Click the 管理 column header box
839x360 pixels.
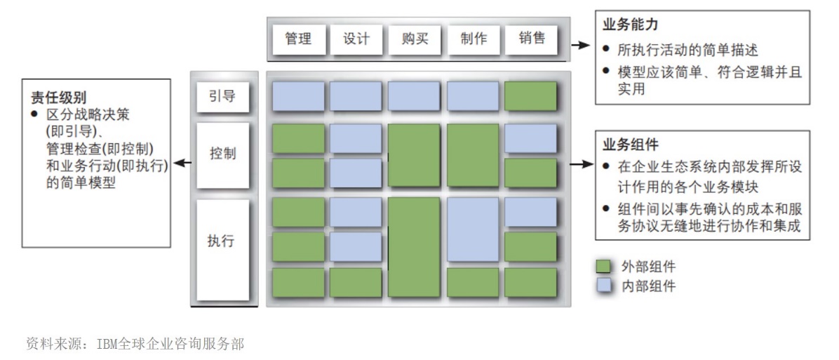298,39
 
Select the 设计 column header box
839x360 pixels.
356,39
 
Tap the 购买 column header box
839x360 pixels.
415,39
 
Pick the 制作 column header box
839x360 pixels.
474,39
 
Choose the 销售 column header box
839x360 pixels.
532,39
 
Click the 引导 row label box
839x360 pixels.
222,96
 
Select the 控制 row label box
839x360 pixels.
222,154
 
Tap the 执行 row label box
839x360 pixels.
222,242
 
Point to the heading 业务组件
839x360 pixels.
631,145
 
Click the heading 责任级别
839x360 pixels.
58,95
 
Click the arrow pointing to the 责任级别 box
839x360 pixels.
182,164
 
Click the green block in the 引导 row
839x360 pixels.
530,96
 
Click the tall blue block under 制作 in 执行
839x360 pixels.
472,227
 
